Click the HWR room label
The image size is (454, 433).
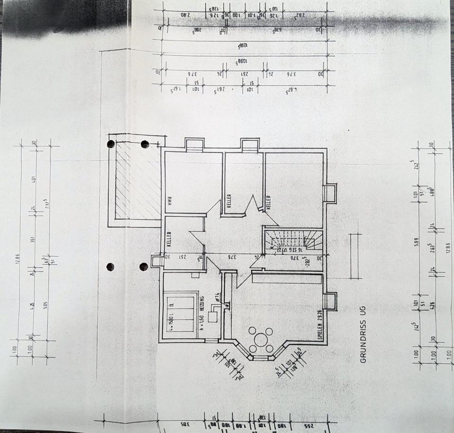[x=168, y=201]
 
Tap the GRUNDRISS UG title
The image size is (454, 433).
[x=363, y=333]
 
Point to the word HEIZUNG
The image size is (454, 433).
[x=201, y=306]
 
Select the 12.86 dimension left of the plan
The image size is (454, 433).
[x=17, y=260]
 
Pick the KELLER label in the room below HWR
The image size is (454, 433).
[x=169, y=239]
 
